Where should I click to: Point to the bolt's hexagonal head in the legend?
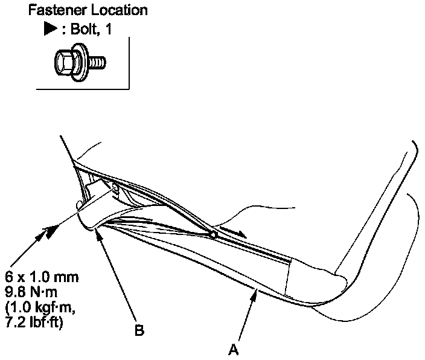tap(62, 62)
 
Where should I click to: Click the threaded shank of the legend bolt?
tap(99, 61)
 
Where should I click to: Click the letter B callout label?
tap(139, 332)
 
